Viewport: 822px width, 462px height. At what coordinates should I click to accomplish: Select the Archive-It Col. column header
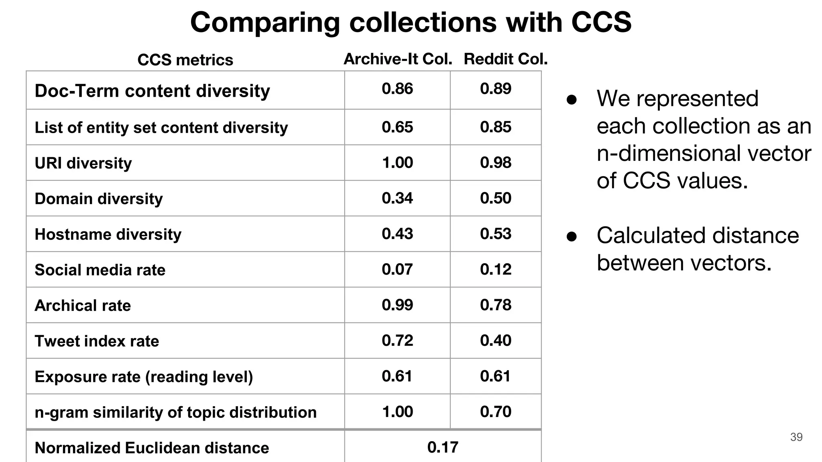[398, 59]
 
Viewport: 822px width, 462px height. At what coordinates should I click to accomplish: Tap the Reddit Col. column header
[505, 59]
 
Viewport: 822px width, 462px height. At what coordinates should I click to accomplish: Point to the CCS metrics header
[185, 60]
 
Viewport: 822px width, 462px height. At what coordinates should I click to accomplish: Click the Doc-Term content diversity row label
[152, 91]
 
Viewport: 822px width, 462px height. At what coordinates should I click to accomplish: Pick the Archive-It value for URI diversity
[397, 162]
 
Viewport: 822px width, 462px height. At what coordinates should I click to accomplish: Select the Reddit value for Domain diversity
[496, 198]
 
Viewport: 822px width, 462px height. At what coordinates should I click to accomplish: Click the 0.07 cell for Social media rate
[397, 269]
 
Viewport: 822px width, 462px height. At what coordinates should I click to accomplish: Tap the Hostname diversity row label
[108, 234]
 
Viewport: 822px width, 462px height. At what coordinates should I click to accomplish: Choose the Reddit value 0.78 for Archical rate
[496, 305]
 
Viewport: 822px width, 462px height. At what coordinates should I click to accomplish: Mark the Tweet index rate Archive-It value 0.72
[397, 340]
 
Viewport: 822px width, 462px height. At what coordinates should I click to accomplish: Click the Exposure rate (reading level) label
[144, 377]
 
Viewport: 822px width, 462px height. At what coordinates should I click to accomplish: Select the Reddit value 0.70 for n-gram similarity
[496, 411]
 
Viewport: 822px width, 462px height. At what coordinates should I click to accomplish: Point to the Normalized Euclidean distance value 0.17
[443, 447]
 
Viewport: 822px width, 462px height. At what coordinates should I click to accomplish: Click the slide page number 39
[796, 437]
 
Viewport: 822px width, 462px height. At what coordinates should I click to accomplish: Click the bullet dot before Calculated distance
[572, 237]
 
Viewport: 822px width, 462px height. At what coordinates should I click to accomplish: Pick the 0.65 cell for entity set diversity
[397, 127]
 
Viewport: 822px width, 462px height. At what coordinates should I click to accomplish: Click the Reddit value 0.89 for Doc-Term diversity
[496, 89]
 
